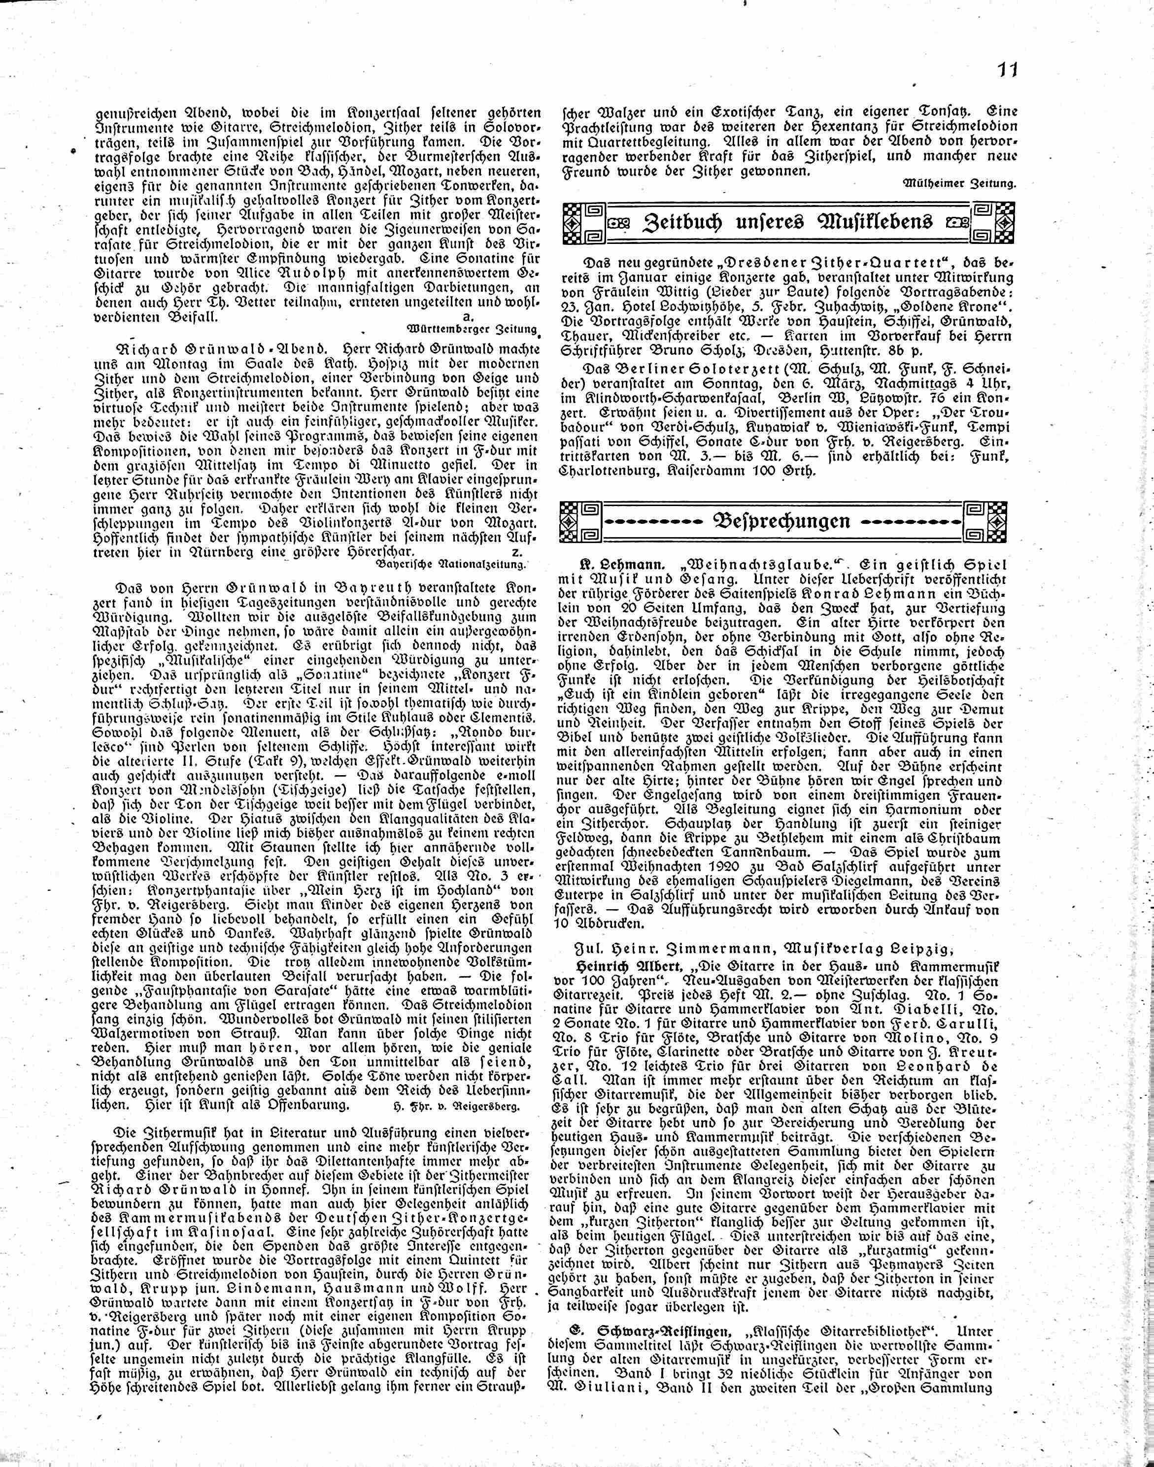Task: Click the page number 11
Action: pos(1006,70)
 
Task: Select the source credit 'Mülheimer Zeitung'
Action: pos(959,183)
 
